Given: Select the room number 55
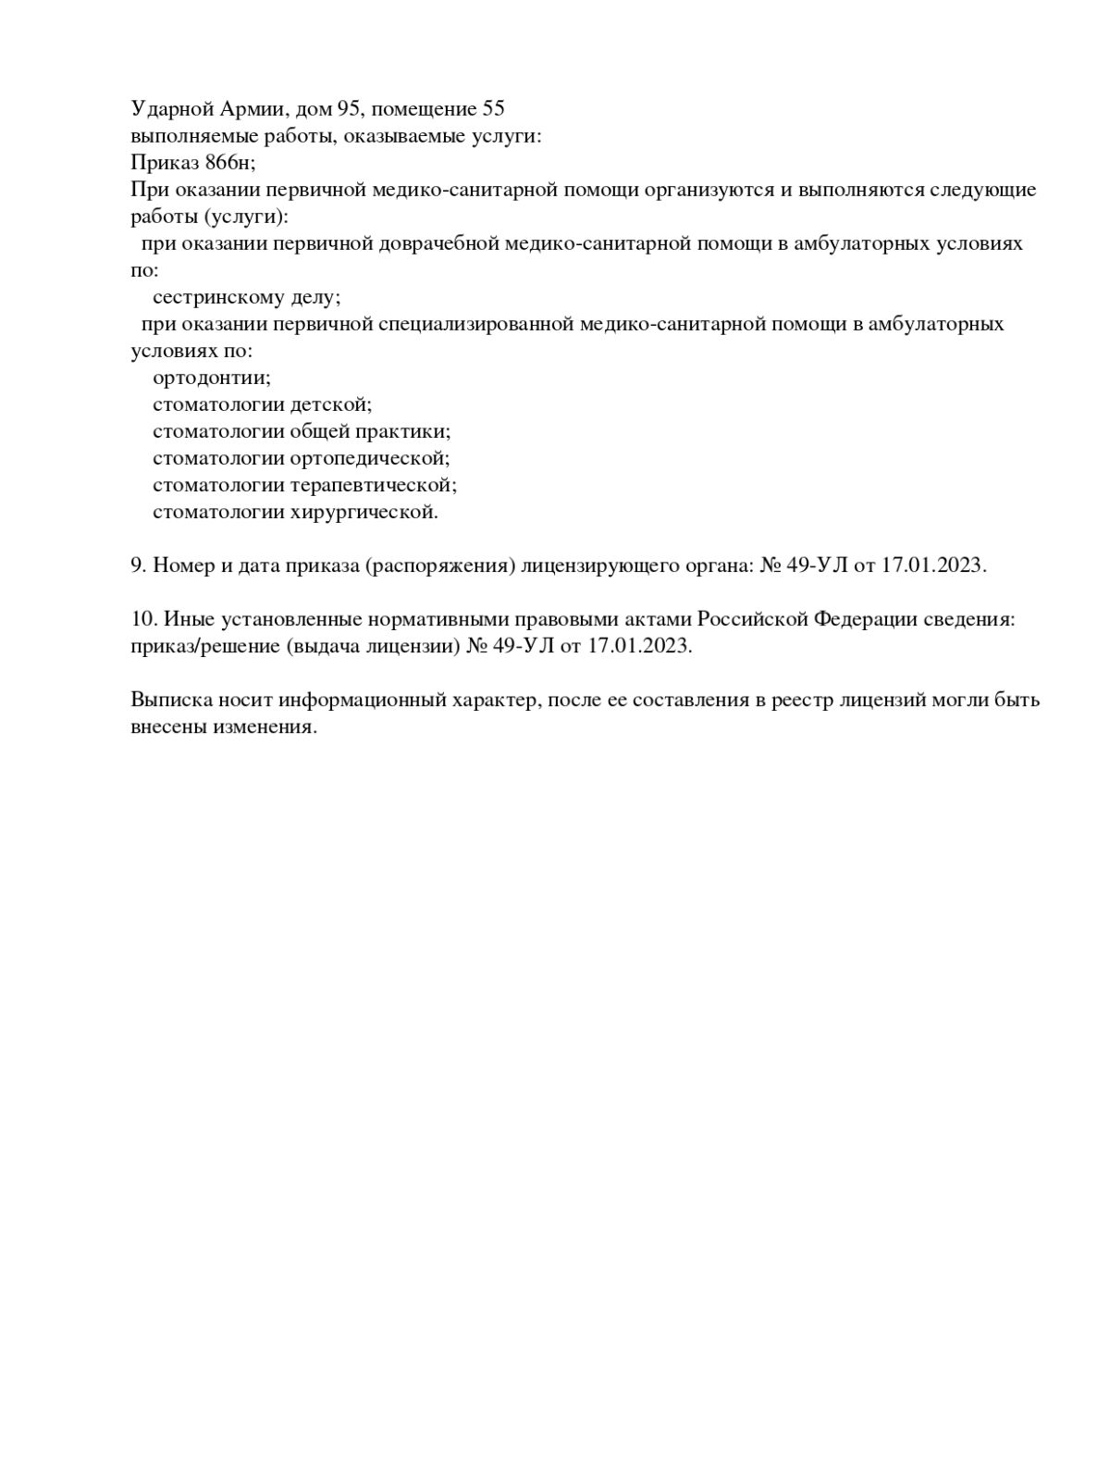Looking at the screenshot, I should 493,109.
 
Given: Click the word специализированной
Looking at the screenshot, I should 475,325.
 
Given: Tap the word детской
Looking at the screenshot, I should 330,405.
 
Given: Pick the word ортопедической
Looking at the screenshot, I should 369,459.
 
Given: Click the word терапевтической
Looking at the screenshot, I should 373,486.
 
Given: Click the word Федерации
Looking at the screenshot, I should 865,619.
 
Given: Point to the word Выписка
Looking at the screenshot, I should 171,700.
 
